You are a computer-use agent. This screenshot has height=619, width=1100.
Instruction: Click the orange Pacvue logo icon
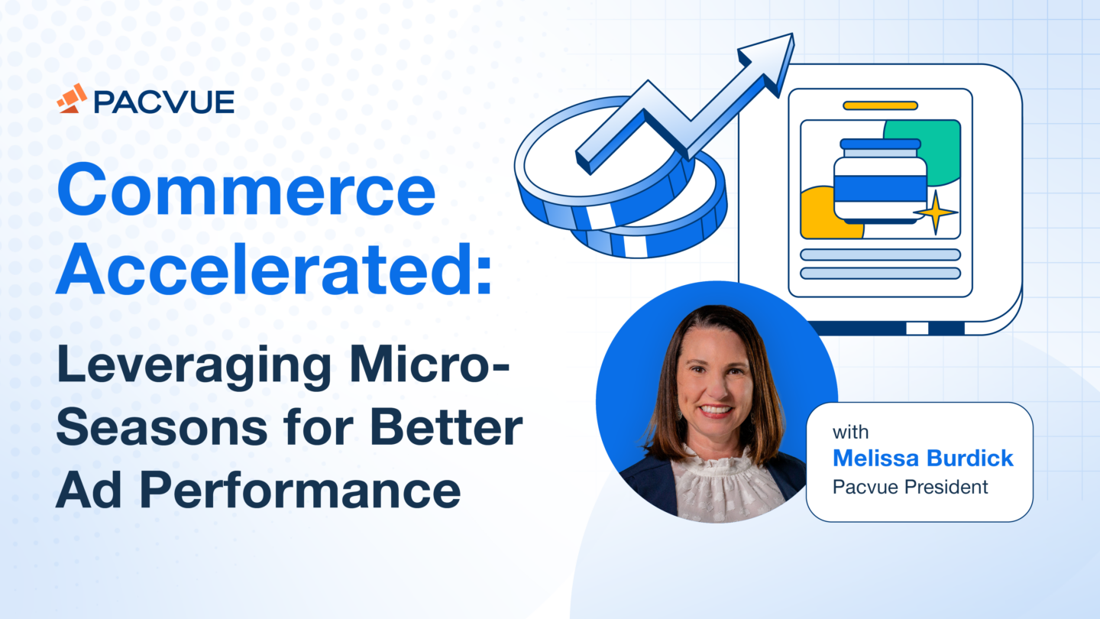72,99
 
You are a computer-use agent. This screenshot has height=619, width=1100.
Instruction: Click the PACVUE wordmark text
163,100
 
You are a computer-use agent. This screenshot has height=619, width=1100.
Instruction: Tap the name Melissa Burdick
923,459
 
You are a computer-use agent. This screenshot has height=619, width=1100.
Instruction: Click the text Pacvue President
910,486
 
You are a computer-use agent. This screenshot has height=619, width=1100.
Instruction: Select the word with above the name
850,433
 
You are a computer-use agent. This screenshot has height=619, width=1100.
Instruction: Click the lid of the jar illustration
880,144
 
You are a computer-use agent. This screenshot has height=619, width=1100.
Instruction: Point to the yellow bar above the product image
880,105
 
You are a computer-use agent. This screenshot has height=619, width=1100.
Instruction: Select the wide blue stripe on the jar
880,188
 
